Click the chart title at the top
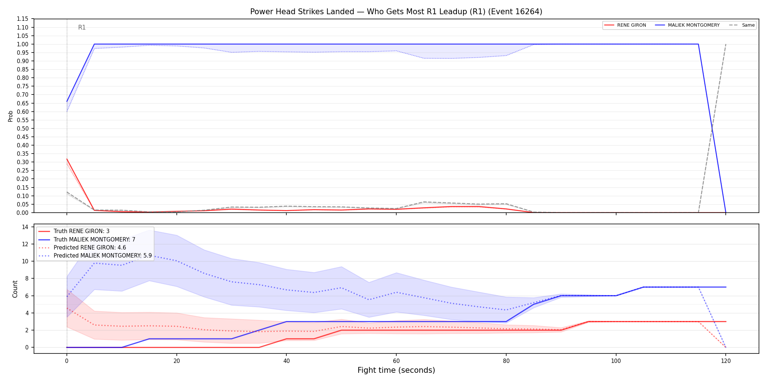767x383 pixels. (x=396, y=12)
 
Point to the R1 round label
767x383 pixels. (x=82, y=27)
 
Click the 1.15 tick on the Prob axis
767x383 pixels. (x=23, y=19)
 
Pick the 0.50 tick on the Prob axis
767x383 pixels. (x=23, y=128)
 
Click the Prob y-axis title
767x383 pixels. (x=11, y=116)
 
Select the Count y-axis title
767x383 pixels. (x=15, y=289)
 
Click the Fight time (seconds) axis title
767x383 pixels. (x=396, y=370)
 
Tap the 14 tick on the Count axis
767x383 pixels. (x=25, y=227)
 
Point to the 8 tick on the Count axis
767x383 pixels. (x=27, y=278)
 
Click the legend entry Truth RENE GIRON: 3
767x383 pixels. (x=81, y=231)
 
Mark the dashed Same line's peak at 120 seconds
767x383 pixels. (x=726, y=44)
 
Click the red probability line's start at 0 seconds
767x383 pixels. (x=67, y=159)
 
